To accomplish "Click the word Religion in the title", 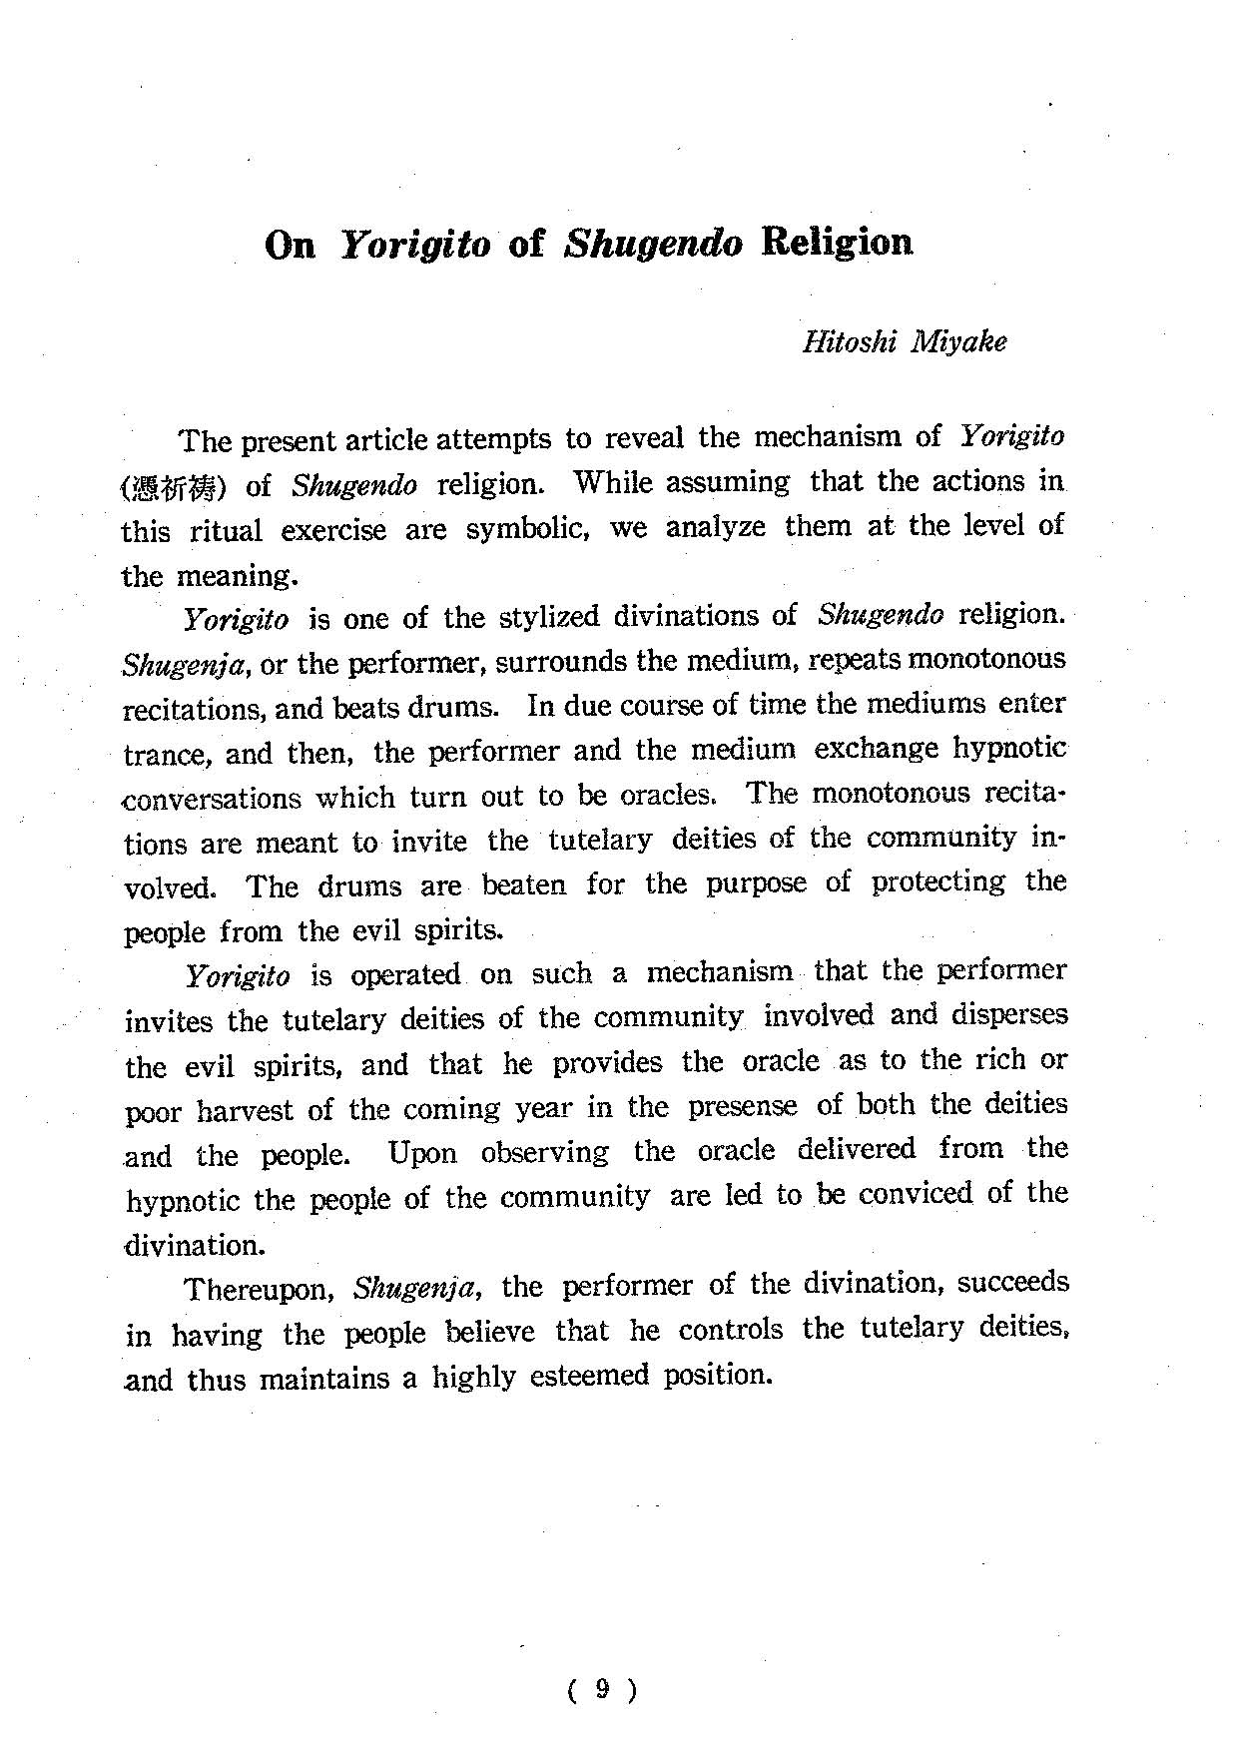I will [836, 243].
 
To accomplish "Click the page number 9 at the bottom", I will [601, 1689].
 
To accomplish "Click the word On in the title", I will [291, 246].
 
